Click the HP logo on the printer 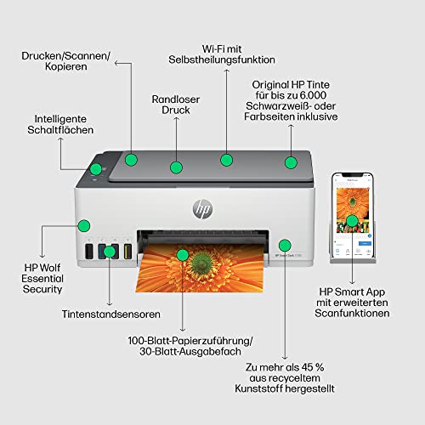tap(202, 206)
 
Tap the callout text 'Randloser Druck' tap(176, 109)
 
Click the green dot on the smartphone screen tap(352, 221)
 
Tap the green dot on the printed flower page tap(181, 254)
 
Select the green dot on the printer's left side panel tap(83, 225)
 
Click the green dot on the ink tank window tap(110, 252)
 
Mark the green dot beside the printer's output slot tap(285, 245)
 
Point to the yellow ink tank tap(127, 253)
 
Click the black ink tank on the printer tap(88, 253)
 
